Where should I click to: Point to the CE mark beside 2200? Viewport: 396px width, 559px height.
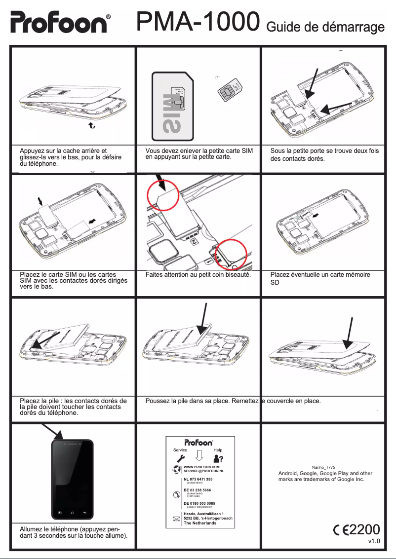341,530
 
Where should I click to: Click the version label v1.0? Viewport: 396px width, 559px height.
374,541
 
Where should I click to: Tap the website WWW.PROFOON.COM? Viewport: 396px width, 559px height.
201,466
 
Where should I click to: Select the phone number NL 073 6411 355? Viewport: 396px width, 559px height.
198,479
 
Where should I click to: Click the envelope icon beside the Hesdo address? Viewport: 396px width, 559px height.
176,519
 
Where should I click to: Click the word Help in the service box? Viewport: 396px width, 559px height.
218,450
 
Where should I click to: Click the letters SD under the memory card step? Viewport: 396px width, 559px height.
275,283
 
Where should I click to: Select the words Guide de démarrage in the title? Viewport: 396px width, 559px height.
325,26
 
